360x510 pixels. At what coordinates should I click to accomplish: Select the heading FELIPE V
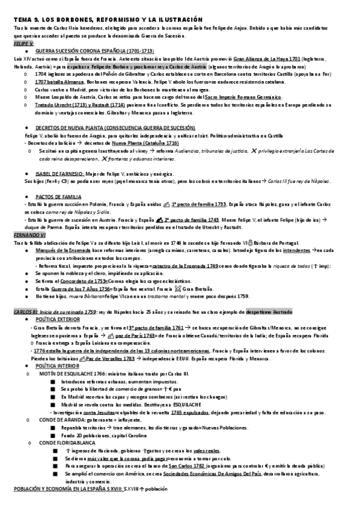point(24,44)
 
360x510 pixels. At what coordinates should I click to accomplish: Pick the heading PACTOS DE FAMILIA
point(59,197)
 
